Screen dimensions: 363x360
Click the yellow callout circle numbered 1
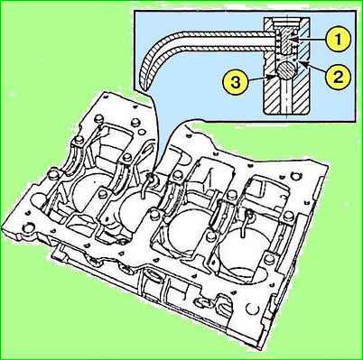click(x=338, y=40)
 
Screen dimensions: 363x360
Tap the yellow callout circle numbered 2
click(x=338, y=77)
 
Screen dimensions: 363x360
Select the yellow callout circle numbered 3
click(x=235, y=81)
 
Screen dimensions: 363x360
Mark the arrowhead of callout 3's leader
click(x=273, y=76)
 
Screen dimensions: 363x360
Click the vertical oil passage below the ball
click(x=286, y=97)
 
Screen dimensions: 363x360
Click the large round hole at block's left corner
click(x=29, y=228)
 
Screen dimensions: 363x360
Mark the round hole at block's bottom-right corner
click(x=251, y=309)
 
